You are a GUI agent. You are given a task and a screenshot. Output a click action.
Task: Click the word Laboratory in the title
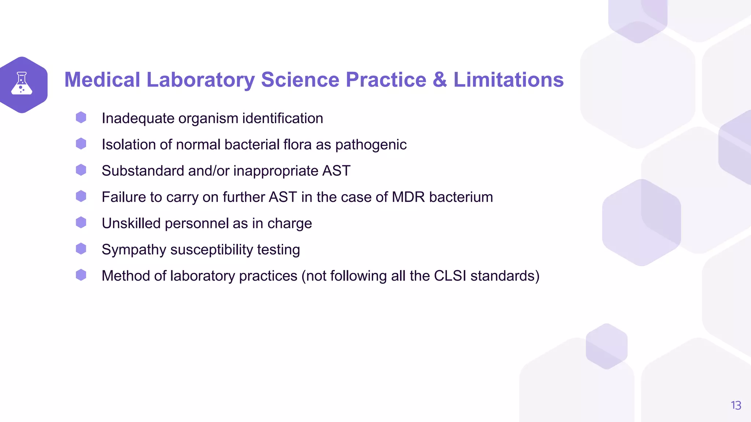[x=201, y=79]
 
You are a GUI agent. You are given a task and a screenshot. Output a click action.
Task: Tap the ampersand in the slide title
[x=440, y=79]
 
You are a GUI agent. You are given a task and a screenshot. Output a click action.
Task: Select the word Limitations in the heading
[x=508, y=79]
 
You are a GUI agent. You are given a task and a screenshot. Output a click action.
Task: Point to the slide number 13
[x=736, y=405]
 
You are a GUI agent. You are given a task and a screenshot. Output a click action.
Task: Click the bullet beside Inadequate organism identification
[x=81, y=118]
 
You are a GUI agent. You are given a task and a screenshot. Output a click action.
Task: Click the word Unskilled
[x=131, y=223]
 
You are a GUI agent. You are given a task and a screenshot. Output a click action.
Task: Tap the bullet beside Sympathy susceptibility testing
[x=81, y=249]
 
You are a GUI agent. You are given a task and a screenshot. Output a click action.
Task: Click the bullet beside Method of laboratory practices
[x=81, y=275]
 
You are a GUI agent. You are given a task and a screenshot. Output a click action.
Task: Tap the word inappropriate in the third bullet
[x=276, y=171]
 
